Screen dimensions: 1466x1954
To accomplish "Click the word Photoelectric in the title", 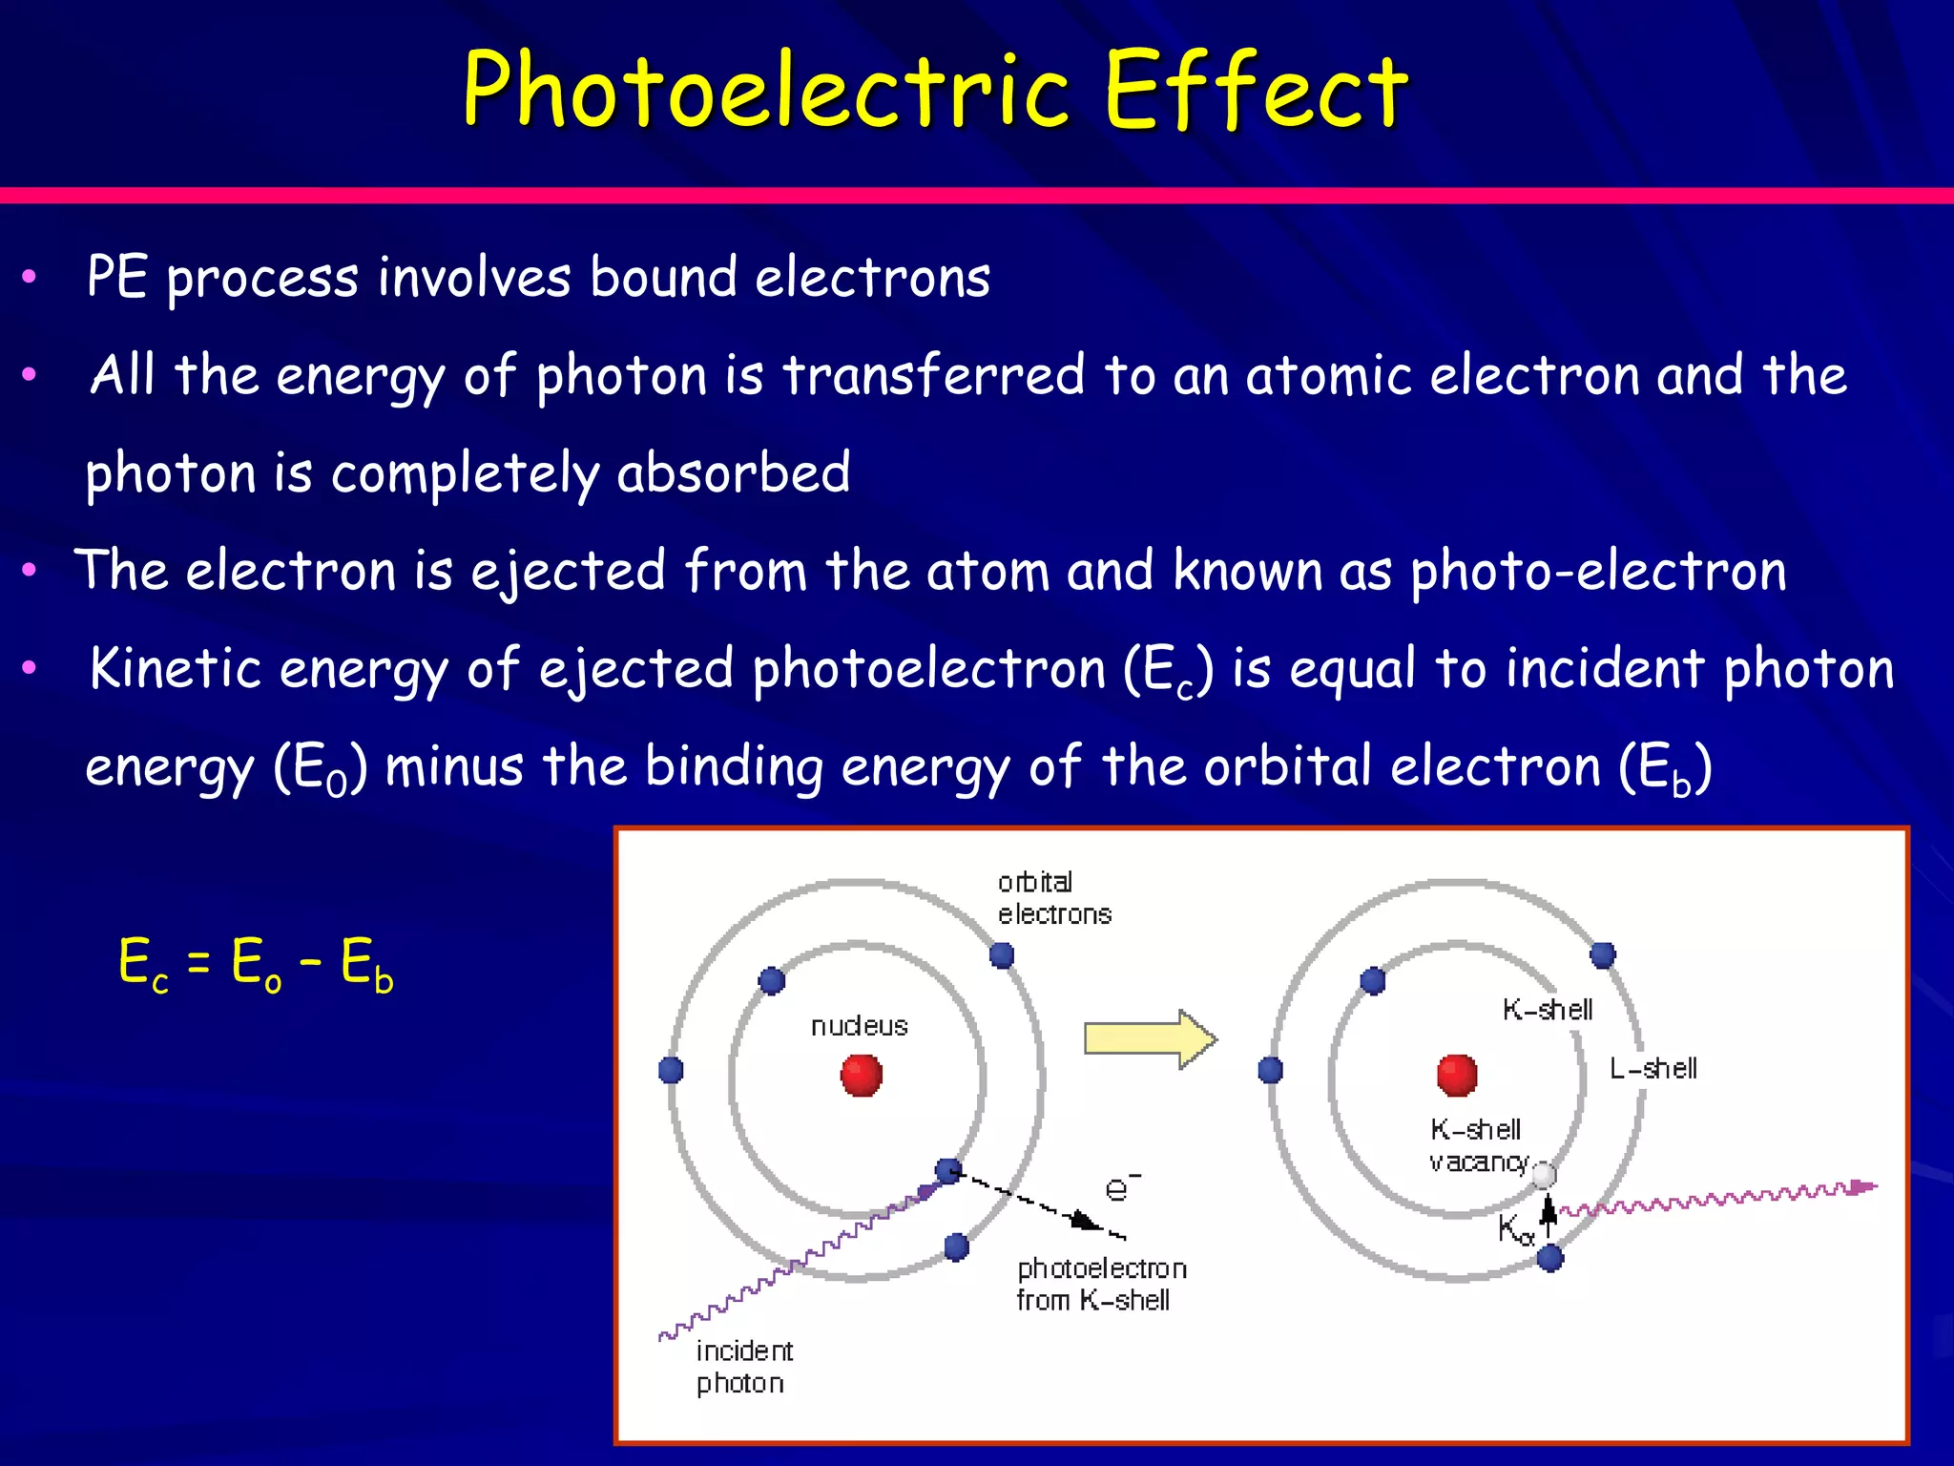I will [763, 91].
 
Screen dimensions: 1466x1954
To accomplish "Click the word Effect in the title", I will [1256, 91].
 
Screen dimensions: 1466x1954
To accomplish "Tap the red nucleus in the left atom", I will [861, 1076].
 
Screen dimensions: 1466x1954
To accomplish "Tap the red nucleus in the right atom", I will [1456, 1076].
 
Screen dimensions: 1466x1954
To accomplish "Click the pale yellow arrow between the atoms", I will [1150, 1038].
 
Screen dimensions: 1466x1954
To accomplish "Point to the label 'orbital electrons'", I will [1053, 898].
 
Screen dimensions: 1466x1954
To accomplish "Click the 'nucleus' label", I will [859, 1026].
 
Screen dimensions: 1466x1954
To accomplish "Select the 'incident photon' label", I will [743, 1367].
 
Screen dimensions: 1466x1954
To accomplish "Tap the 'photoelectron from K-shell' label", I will [1100, 1284].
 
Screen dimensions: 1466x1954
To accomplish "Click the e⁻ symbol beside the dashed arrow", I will [1120, 1187].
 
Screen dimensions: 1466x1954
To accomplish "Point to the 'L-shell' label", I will [1653, 1068].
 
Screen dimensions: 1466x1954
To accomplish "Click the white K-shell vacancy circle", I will [1544, 1176].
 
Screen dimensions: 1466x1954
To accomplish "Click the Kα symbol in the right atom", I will [1514, 1229].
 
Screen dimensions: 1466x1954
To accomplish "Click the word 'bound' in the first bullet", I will [663, 278].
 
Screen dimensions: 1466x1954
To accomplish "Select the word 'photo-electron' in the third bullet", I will [1598, 572].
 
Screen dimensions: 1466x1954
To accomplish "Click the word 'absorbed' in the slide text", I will [733, 472].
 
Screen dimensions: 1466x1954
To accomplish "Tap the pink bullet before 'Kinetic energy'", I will [30, 668].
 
